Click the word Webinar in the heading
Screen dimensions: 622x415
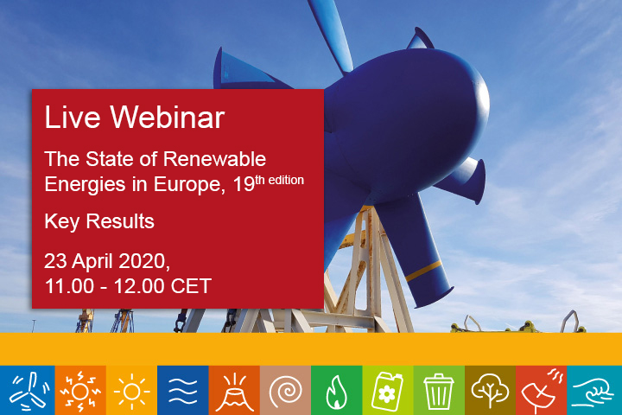coord(167,118)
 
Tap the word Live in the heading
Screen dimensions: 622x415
coord(73,118)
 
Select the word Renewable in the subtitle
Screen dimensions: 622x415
coord(214,159)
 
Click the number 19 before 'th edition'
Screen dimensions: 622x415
coord(244,184)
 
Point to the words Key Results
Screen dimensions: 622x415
coord(99,221)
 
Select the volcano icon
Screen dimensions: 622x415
coord(234,393)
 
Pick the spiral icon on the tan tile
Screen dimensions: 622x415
coord(286,391)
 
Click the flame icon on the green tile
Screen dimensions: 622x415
coord(336,392)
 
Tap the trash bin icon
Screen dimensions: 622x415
coord(438,391)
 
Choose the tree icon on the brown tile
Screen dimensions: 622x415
coord(490,391)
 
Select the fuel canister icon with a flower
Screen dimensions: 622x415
coord(387,391)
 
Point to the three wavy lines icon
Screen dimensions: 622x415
coord(183,391)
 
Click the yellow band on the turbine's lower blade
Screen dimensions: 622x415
coord(423,271)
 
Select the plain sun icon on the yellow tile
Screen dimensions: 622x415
coord(131,392)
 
